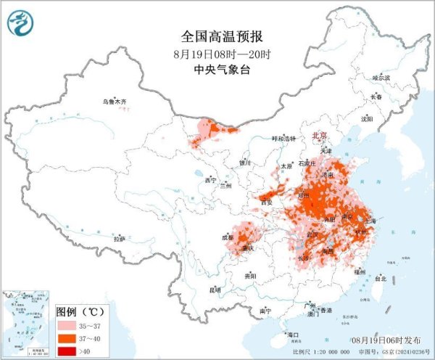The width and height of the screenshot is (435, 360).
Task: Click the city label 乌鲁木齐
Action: pyautogui.click(x=114, y=102)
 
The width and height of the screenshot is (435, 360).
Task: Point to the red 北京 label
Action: pyautogui.click(x=319, y=136)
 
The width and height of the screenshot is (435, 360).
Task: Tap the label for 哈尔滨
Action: pyautogui.click(x=381, y=77)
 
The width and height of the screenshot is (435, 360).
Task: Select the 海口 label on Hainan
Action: pyautogui.click(x=293, y=335)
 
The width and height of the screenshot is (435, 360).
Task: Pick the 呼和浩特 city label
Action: pyautogui.click(x=284, y=139)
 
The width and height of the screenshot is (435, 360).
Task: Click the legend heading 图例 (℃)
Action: pyautogui.click(x=80, y=311)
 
